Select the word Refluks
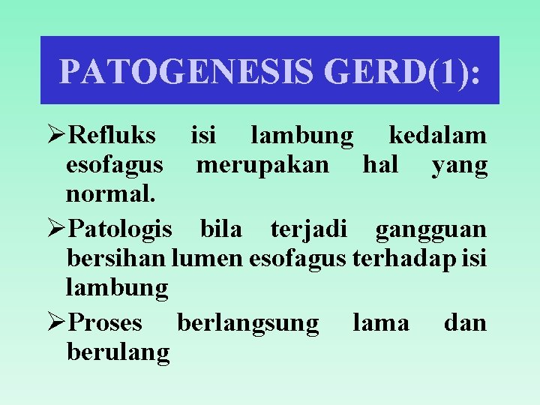(112, 136)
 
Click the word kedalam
(437, 136)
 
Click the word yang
(460, 165)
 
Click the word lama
(381, 322)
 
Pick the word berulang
(118, 352)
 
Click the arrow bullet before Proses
(55, 322)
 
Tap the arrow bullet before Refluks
(55, 136)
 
